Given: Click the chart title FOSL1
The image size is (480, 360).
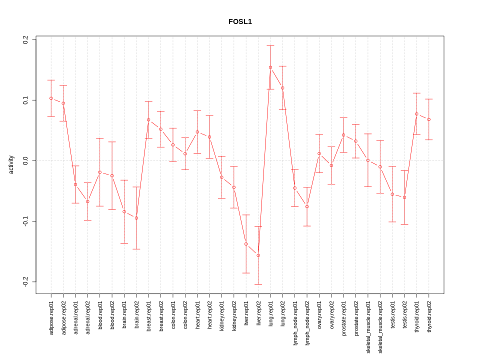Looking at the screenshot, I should [x=240, y=21].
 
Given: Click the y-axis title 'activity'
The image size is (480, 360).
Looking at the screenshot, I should [x=11, y=164].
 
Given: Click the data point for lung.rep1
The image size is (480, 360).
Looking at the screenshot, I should [x=270, y=67].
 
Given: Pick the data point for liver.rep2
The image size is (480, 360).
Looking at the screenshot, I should [x=258, y=255].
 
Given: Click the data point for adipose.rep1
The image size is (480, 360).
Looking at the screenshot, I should [x=51, y=98].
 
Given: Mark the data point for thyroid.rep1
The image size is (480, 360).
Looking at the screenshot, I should [x=416, y=114].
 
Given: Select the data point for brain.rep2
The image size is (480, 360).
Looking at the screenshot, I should [x=136, y=218].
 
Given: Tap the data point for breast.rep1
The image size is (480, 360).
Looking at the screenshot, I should [x=148, y=120].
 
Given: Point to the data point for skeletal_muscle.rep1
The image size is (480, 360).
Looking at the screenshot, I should [x=368, y=160].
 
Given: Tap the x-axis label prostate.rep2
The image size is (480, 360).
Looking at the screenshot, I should [x=356, y=318].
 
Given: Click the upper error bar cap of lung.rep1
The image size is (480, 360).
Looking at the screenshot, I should [x=270, y=45].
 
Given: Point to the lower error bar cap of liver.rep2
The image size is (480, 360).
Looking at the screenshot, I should [x=258, y=284].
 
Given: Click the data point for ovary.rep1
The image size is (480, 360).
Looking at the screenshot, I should [x=319, y=153].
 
